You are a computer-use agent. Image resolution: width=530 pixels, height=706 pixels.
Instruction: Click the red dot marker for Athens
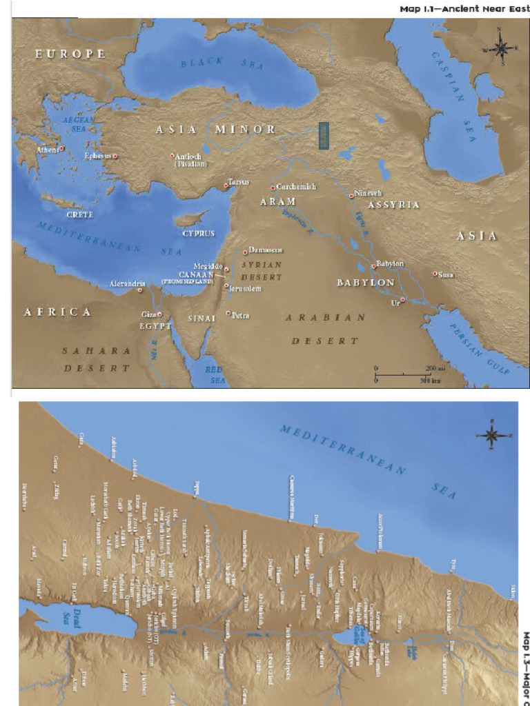point(61,148)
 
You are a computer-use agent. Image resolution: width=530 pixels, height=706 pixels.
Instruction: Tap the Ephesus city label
point(97,156)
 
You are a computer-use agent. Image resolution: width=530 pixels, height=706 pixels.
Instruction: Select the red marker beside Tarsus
point(226,185)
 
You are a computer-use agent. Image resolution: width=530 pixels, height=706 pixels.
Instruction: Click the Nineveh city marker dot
point(351,196)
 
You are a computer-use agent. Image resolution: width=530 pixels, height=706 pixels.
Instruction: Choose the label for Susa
point(446,274)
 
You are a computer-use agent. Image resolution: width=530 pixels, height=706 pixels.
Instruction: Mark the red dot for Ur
point(402,299)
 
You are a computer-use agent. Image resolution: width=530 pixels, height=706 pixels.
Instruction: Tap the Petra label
point(241,316)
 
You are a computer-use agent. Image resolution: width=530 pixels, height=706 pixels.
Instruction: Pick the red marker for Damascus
point(244,252)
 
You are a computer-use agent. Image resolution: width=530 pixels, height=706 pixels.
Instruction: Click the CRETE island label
point(80,214)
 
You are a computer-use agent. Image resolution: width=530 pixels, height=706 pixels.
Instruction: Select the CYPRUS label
point(199,233)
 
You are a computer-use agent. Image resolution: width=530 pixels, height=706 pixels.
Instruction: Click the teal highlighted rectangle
point(325,135)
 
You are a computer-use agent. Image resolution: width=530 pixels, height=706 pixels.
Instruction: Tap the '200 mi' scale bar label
point(435,369)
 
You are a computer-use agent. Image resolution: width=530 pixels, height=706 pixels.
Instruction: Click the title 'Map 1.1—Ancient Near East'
point(463,9)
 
